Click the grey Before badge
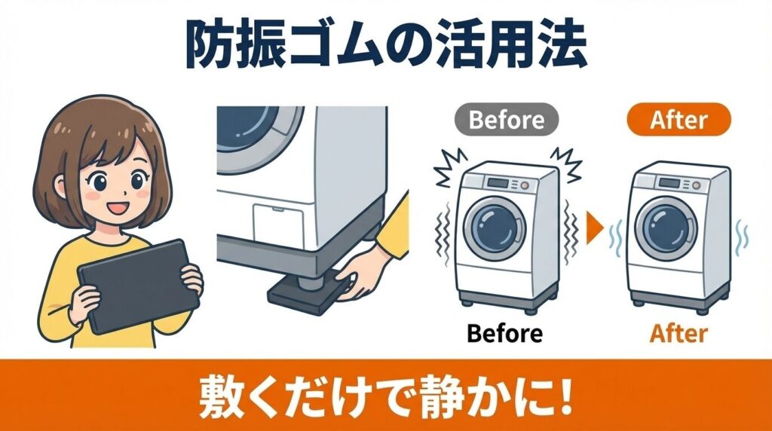point(507,120)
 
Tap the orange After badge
point(679,120)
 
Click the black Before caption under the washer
point(504,332)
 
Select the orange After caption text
point(678,332)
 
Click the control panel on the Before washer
point(498,183)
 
